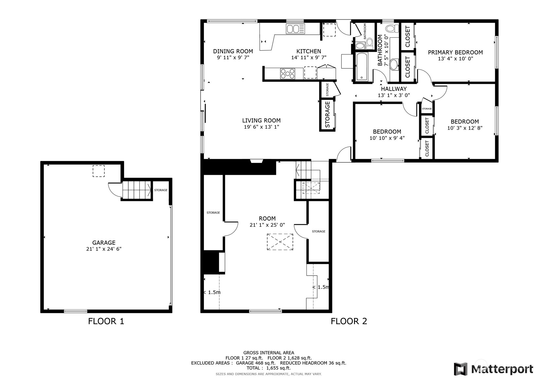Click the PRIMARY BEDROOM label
coord(455,52)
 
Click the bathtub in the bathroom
coord(362,66)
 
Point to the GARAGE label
coord(104,243)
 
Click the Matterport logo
coord(494,369)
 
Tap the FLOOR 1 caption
coord(106,321)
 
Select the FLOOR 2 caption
coord(349,321)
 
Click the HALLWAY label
coord(394,89)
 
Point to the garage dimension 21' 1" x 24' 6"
coord(104,249)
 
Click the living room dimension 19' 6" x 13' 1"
coord(261,127)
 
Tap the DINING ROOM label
coord(233,51)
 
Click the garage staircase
coord(137,190)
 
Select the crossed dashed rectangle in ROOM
coord(280,242)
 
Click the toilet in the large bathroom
coord(392,29)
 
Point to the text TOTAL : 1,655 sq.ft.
coord(269,368)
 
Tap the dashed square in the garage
coord(99,171)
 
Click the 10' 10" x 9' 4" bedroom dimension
coord(387,138)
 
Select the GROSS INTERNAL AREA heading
coord(269,353)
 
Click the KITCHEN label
coord(309,51)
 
